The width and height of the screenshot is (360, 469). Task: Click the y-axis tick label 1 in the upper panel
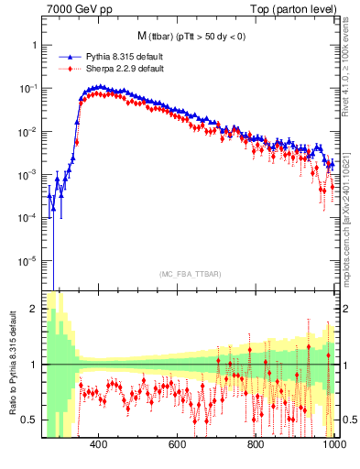tap(34, 45)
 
